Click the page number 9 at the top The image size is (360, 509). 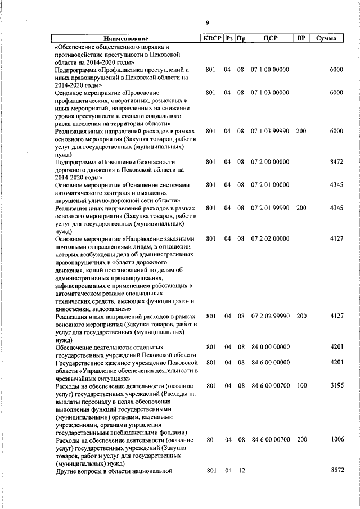207,22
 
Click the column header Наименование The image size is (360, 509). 127,38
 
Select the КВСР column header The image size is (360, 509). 211,38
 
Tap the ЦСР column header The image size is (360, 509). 270,38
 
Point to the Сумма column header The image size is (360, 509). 326,38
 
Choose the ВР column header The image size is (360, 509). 301,38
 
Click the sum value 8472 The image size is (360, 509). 336,161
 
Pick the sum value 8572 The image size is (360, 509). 336,469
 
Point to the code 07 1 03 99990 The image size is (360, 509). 270,130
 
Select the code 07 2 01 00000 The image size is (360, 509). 270,184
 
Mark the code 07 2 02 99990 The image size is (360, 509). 270,316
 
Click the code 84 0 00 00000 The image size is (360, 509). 270,347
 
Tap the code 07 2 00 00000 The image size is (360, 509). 270,161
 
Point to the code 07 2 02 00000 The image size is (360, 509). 270,238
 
